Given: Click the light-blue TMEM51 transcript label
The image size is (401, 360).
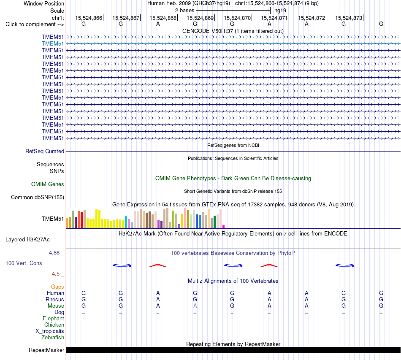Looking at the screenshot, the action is click(53, 44).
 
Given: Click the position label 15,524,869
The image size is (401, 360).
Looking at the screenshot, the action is click(200, 18).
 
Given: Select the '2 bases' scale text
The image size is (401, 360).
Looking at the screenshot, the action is click(184, 11).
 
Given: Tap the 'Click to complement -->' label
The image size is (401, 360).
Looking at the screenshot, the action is click(35, 24).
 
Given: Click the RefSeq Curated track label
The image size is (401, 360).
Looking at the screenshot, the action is click(45, 152).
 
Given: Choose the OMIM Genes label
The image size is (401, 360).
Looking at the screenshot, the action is click(48, 184).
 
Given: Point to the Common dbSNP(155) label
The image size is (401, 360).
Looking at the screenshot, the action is click(38, 198).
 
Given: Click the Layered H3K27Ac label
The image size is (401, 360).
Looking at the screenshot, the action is click(27, 240).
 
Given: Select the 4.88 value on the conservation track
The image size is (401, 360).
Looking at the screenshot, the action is click(54, 253).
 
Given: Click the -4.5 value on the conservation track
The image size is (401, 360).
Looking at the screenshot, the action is click(55, 274).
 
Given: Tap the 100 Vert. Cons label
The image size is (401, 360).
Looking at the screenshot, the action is click(24, 263).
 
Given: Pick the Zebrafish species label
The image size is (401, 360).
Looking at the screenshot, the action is click(53, 338).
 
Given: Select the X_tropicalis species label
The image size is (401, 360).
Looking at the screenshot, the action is click(50, 331).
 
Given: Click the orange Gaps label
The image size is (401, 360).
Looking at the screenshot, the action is click(57, 287).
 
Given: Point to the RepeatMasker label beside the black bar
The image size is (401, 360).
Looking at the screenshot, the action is click(46, 350).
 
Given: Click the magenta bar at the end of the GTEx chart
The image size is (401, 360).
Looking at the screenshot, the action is click(224, 227).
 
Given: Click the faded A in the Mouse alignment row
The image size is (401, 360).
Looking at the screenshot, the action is click(195, 306).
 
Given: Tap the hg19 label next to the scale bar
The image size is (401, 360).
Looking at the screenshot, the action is click(280, 11).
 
